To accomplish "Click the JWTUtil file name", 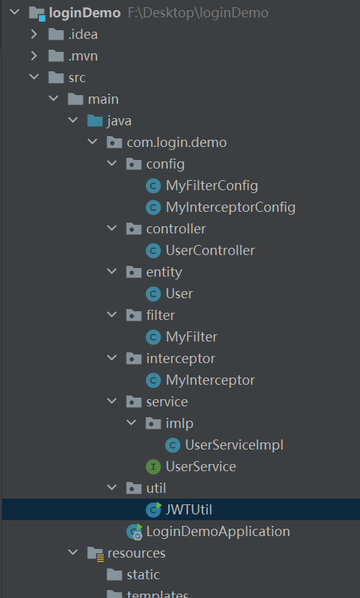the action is pyautogui.click(x=189, y=510).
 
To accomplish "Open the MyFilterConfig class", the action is pyautogui.click(x=212, y=186).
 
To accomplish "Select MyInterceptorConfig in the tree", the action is pyautogui.click(x=230, y=207).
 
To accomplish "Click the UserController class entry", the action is pyautogui.click(x=210, y=251).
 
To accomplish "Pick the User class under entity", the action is pyautogui.click(x=179, y=294).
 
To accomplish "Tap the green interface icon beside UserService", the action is pyautogui.click(x=153, y=467).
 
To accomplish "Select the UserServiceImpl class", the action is pyautogui.click(x=234, y=445).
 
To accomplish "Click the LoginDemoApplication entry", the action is pyautogui.click(x=218, y=532).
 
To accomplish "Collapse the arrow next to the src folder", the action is pyautogui.click(x=35, y=77).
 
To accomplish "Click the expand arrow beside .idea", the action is pyautogui.click(x=35, y=35).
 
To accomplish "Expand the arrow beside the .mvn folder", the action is pyautogui.click(x=35, y=56).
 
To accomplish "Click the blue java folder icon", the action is pyautogui.click(x=95, y=121).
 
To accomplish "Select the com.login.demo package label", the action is pyautogui.click(x=177, y=143).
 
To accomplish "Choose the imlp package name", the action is pyautogui.click(x=179, y=424).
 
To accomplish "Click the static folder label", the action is pyautogui.click(x=143, y=575).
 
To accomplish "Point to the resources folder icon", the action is pyautogui.click(x=95, y=553).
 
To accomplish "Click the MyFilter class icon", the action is pyautogui.click(x=153, y=337).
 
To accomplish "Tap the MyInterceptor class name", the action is pyautogui.click(x=210, y=380).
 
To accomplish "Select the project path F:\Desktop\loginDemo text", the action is pyautogui.click(x=198, y=13).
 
